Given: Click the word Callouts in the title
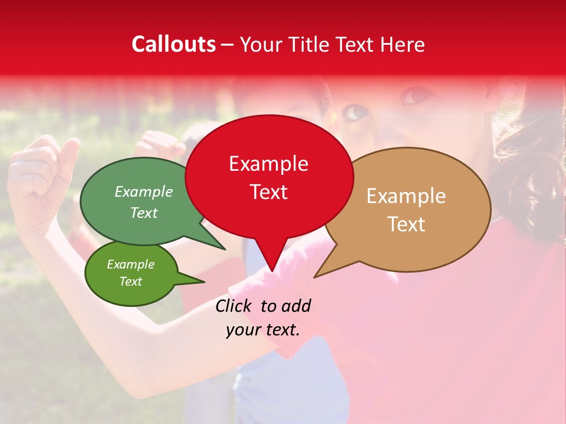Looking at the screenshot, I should (x=173, y=44).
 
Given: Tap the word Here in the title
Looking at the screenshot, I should (x=402, y=44).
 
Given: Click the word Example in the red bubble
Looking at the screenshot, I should (x=268, y=164).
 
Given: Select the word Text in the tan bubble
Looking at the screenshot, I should (x=406, y=224).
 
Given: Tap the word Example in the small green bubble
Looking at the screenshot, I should (x=130, y=265).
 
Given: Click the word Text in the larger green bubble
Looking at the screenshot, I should (x=144, y=213).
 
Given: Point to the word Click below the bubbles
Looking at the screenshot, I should (x=234, y=306).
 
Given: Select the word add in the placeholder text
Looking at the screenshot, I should (x=296, y=306).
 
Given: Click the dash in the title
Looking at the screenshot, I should (x=228, y=45).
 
